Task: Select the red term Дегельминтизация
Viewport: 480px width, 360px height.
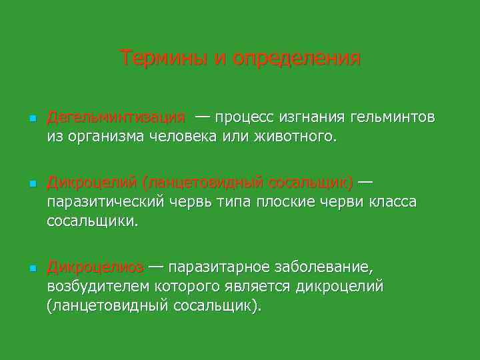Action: [x=116, y=118]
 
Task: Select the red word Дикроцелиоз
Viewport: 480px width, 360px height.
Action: [x=95, y=267]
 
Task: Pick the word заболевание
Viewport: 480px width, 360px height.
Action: [x=325, y=267]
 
